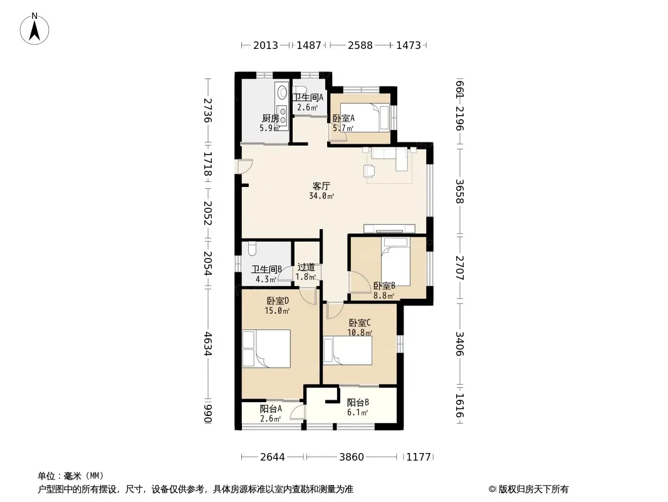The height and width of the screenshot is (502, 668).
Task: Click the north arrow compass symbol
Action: coord(34,28)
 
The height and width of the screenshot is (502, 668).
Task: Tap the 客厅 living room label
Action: coord(321,186)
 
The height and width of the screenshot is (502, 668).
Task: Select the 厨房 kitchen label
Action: coord(270,118)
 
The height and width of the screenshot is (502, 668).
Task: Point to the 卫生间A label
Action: coord(308,97)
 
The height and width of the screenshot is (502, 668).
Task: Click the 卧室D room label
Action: coord(278,301)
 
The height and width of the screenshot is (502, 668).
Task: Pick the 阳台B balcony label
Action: coord(358,402)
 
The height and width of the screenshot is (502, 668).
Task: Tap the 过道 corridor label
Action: coord(306,267)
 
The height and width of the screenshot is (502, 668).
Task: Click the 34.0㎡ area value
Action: coord(321,196)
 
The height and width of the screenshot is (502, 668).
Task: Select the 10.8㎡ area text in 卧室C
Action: coord(360,332)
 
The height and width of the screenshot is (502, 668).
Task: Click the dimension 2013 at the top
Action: coord(266,45)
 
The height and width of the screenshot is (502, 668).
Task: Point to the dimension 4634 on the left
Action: coord(207,344)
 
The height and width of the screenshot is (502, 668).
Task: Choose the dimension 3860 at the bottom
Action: coord(352,457)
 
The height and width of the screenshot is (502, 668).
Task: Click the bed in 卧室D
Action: coord(266,348)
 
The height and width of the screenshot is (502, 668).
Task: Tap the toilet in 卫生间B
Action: coord(251,248)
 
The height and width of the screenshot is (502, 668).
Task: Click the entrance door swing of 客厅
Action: coord(246,166)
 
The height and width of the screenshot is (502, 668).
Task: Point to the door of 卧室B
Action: coord(360,282)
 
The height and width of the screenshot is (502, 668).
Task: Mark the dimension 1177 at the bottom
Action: coord(419,457)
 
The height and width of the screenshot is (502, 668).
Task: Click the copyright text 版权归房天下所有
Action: coord(533,489)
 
